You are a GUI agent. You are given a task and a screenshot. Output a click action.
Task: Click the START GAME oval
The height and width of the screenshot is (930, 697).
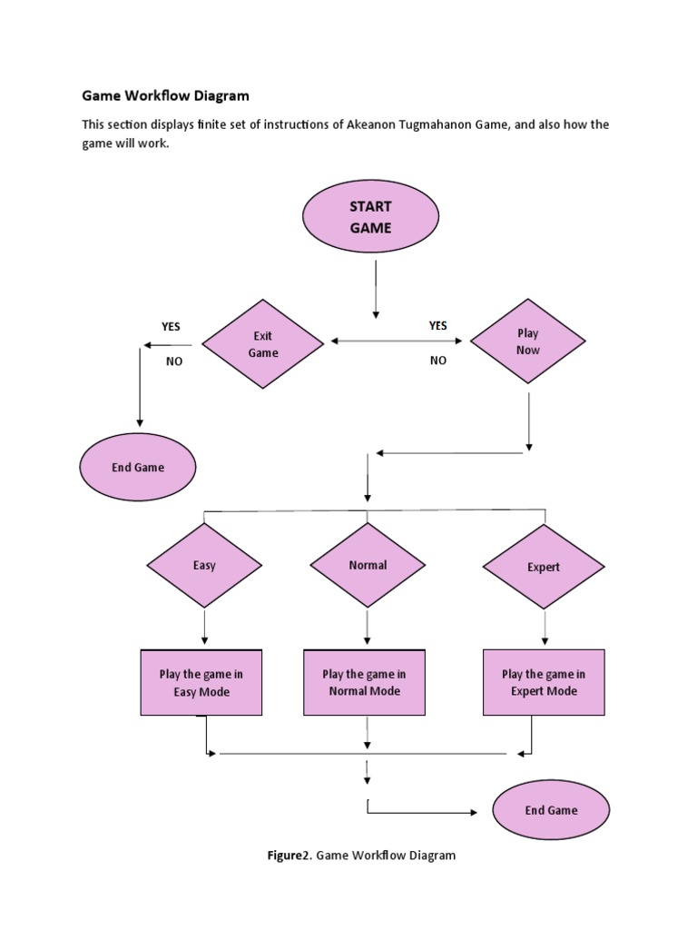point(370,217)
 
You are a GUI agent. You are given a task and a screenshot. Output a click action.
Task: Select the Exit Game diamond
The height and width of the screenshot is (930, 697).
point(262,344)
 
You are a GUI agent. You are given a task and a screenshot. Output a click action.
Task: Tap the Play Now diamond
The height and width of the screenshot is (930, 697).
point(527,342)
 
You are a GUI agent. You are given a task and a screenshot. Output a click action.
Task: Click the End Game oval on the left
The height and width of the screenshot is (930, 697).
point(138,468)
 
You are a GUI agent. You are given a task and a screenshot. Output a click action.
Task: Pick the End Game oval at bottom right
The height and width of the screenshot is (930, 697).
point(551,810)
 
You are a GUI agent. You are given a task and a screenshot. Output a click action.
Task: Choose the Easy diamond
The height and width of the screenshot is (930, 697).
point(204,566)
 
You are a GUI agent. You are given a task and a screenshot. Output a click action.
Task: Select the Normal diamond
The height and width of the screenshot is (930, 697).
point(368,565)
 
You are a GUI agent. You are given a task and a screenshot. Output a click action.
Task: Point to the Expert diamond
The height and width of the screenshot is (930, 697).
point(544,568)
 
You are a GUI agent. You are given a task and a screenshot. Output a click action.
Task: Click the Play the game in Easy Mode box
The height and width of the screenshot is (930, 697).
point(201,683)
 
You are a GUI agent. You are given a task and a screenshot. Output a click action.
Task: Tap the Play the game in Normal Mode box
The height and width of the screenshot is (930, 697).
point(364,683)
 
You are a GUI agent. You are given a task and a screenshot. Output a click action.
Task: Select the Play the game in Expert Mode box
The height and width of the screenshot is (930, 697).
point(544,683)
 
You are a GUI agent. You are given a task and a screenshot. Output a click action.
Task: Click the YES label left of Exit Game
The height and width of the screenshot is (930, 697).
point(172,326)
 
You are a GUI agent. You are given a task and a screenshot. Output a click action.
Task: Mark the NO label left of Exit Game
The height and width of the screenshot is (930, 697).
point(174,361)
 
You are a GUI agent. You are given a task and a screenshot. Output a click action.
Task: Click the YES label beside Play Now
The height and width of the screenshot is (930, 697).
point(438,325)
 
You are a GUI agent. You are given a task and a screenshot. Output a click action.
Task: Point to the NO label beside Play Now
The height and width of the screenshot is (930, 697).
point(438,361)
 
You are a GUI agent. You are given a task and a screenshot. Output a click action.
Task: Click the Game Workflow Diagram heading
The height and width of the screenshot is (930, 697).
point(165,95)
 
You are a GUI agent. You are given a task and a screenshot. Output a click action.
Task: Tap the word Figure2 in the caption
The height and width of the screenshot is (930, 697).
point(288,856)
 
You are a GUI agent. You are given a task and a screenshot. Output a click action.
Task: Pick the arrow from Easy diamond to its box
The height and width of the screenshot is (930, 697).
point(204,627)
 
